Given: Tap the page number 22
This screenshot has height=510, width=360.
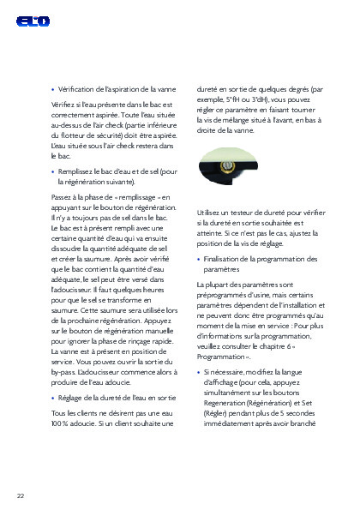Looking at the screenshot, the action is [x=21, y=495].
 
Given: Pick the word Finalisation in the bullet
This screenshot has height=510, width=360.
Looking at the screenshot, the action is [x=224, y=259].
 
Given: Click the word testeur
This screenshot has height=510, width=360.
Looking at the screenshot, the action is [x=240, y=211].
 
